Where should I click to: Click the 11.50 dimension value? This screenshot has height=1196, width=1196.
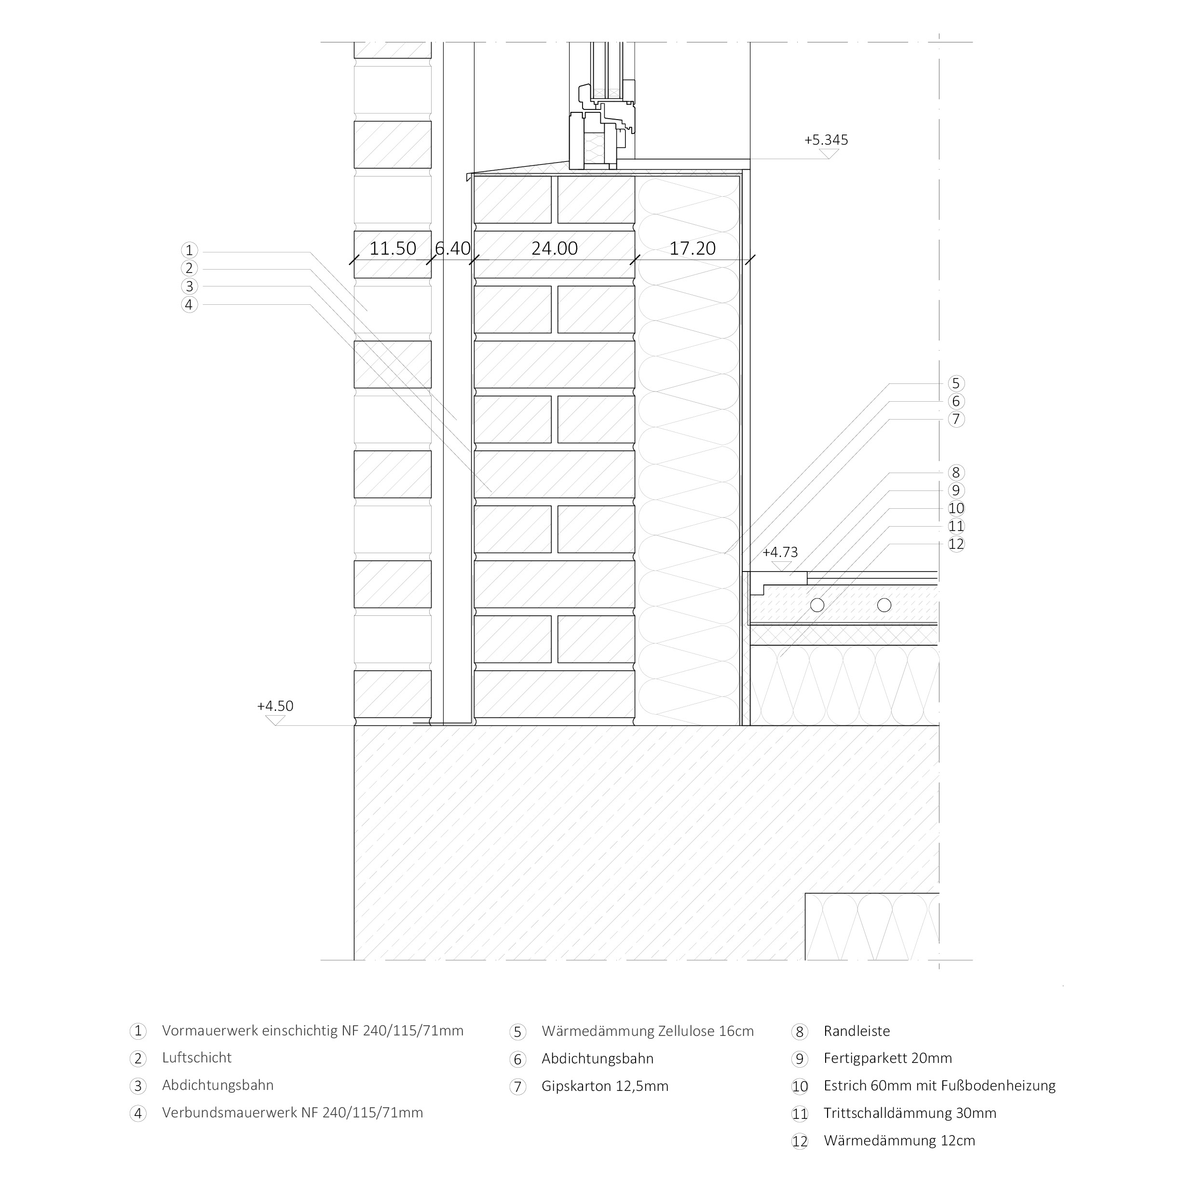(393, 249)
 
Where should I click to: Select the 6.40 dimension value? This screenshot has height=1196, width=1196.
(452, 249)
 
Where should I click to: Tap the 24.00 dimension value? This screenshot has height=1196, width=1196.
(555, 249)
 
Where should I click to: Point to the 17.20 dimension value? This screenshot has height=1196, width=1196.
(692, 249)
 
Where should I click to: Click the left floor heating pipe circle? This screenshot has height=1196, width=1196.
(817, 605)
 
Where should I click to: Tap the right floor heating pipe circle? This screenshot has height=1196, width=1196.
(884, 605)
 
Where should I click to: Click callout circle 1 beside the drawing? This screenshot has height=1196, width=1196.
(190, 251)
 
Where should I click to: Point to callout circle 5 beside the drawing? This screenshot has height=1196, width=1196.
(956, 384)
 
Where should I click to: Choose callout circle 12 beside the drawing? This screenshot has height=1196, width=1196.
(956, 544)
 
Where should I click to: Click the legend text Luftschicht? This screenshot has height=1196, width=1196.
(197, 1058)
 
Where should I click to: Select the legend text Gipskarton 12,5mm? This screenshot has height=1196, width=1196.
(605, 1087)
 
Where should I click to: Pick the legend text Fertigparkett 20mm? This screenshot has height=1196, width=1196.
(888, 1059)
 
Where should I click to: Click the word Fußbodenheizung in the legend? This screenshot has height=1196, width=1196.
(998, 1086)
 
